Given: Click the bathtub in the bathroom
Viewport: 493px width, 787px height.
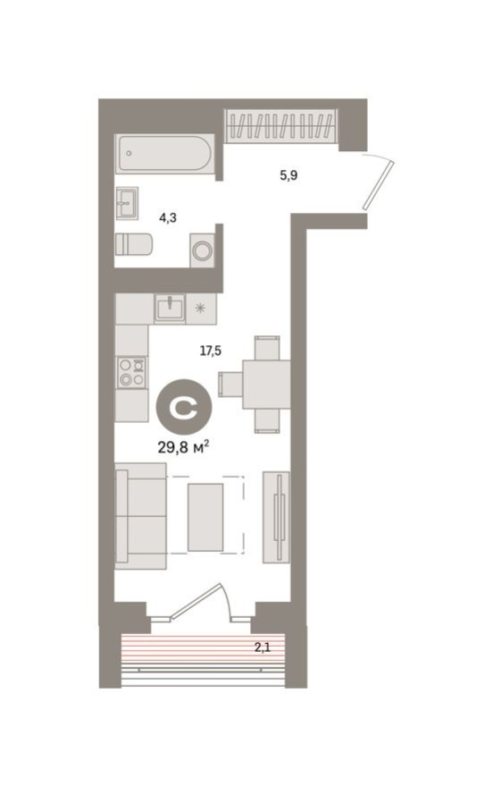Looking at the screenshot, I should pyautogui.click(x=164, y=153).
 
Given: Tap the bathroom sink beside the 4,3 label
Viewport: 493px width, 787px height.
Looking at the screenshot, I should pyautogui.click(x=127, y=202).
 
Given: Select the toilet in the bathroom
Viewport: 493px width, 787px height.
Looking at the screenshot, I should pyautogui.click(x=134, y=243).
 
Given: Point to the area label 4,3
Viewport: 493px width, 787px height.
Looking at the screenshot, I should pyautogui.click(x=168, y=216).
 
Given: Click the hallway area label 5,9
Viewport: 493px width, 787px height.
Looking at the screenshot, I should pyautogui.click(x=288, y=175).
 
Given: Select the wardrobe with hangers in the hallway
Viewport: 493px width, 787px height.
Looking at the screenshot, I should pyautogui.click(x=281, y=124).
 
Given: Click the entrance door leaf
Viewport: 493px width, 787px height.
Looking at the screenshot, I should pyautogui.click(x=379, y=183).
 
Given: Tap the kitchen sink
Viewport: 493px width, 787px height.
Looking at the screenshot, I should pyautogui.click(x=169, y=309).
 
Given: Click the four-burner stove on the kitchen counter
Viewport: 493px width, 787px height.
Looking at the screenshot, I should pyautogui.click(x=132, y=371).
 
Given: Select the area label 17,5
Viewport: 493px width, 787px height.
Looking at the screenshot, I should pyautogui.click(x=210, y=351).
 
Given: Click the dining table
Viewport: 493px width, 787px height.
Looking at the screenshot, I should pyautogui.click(x=266, y=384).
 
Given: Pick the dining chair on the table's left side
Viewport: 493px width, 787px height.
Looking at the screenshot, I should pyautogui.click(x=230, y=384).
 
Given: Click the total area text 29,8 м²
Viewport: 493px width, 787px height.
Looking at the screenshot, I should pyautogui.click(x=183, y=446).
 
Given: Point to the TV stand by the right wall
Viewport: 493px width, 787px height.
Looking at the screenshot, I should pyautogui.click(x=276, y=516).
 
